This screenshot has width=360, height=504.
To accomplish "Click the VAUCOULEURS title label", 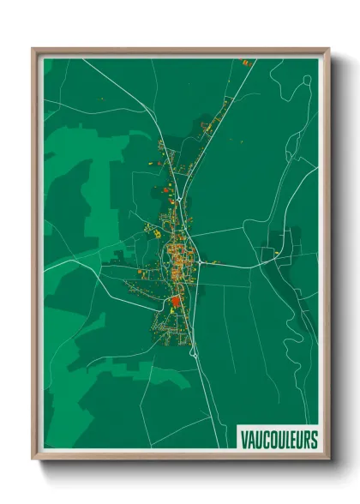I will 278,439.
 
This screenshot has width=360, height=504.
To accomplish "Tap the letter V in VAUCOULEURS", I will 243,439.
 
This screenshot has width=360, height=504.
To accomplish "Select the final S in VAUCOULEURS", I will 313,439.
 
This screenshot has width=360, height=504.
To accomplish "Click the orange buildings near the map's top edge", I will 246,63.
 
